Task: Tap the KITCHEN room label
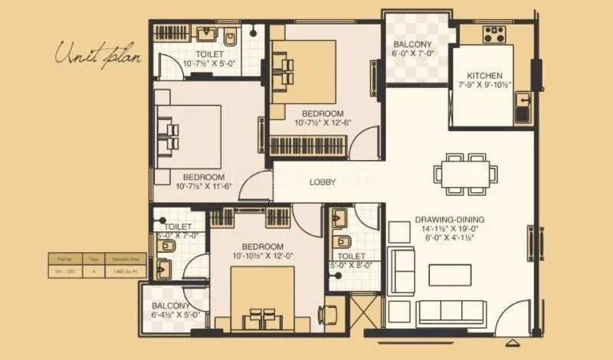click(484, 76)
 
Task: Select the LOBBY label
click(321, 182)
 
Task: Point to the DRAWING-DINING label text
click(452, 219)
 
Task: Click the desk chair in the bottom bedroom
click(329, 313)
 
